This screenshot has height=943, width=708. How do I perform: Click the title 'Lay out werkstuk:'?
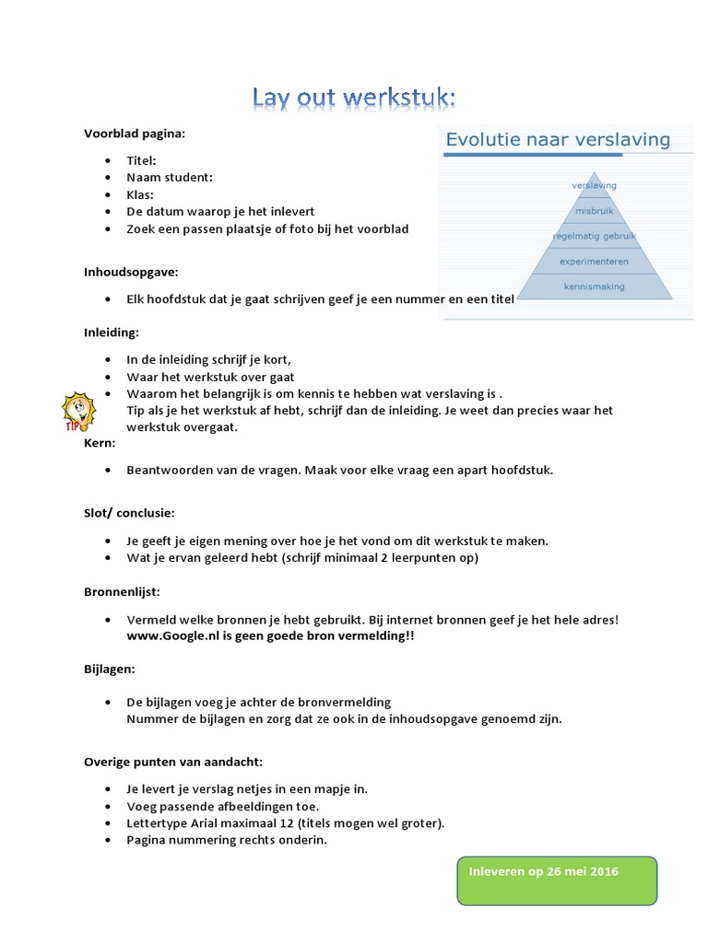pos(354,99)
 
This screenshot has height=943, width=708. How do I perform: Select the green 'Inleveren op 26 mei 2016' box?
pos(556,879)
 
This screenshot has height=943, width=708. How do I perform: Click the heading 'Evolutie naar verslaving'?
pos(558,140)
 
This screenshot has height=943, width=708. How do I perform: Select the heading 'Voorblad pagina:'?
pos(135,134)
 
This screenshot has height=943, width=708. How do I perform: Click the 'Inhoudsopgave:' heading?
pos(131,273)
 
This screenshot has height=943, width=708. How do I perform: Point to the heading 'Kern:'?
pos(100,444)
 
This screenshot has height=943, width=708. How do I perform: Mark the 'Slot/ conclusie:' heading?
pos(129,512)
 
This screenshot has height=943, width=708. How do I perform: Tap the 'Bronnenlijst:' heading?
pos(122,592)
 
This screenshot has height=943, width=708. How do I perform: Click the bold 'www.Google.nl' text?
pos(168,636)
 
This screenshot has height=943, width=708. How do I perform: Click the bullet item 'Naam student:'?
pos(170,178)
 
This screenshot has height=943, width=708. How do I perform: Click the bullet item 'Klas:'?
pos(140,194)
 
